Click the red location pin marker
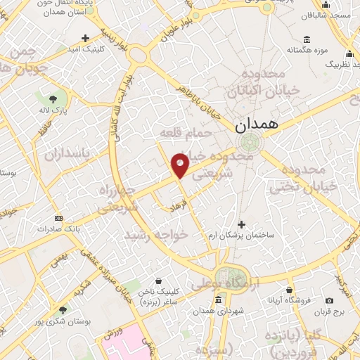[181, 165]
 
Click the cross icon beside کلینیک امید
[85, 38]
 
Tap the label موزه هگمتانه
[306, 51]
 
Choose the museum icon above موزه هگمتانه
[306, 39]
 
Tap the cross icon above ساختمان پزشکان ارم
[241, 224]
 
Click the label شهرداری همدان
[219, 311]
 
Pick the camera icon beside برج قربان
[330, 301]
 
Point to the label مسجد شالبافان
[332, 15]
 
